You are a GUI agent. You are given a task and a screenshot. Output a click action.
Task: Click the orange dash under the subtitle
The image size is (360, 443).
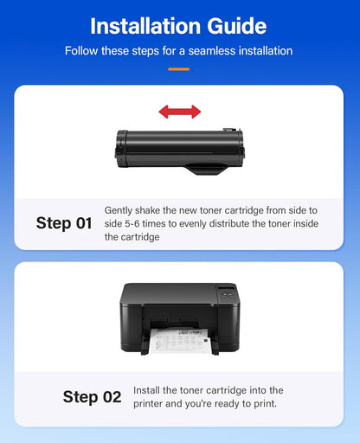[179, 68]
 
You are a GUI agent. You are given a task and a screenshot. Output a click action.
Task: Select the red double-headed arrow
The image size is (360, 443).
[179, 112]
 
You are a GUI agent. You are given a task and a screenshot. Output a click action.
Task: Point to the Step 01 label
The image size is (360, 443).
[64, 223]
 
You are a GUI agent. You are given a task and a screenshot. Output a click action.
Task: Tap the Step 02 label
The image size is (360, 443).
[92, 397]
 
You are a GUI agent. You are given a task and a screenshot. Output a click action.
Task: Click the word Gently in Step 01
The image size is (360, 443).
[119, 210]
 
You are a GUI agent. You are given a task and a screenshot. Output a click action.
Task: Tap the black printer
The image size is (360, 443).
[179, 316]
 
